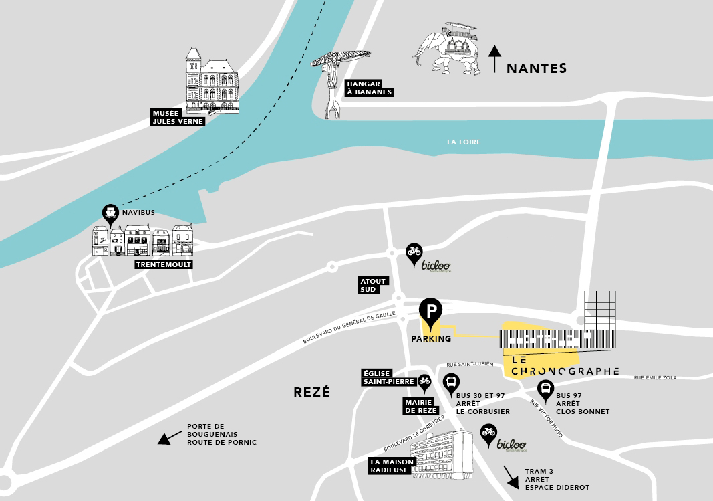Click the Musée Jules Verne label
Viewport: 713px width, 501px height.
tap(177, 117)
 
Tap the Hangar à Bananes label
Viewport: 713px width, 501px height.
tap(368, 88)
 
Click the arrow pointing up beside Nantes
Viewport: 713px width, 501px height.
tap(494, 59)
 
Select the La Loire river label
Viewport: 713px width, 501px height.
tap(464, 142)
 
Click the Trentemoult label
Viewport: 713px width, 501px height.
tap(163, 264)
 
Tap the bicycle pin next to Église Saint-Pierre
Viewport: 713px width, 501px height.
tap(424, 382)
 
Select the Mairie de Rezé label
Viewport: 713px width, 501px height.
tap(420, 406)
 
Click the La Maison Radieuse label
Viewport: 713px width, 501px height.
tap(392, 466)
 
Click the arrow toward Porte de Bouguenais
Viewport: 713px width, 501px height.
tap(169, 437)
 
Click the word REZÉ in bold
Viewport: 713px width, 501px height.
tap(311, 392)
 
